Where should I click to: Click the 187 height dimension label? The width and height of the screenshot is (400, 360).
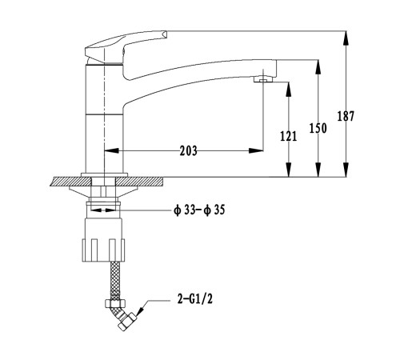[x=346, y=116]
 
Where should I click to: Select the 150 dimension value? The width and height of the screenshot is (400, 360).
[x=318, y=128]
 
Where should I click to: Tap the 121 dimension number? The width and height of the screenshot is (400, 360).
[x=288, y=136]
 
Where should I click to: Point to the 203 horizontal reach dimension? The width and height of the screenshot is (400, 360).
[x=189, y=150]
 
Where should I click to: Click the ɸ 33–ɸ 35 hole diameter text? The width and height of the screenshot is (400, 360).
[x=199, y=210]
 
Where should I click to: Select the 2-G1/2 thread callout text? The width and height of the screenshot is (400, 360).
[x=195, y=299]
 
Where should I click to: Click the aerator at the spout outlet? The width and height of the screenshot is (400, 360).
[x=263, y=79]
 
